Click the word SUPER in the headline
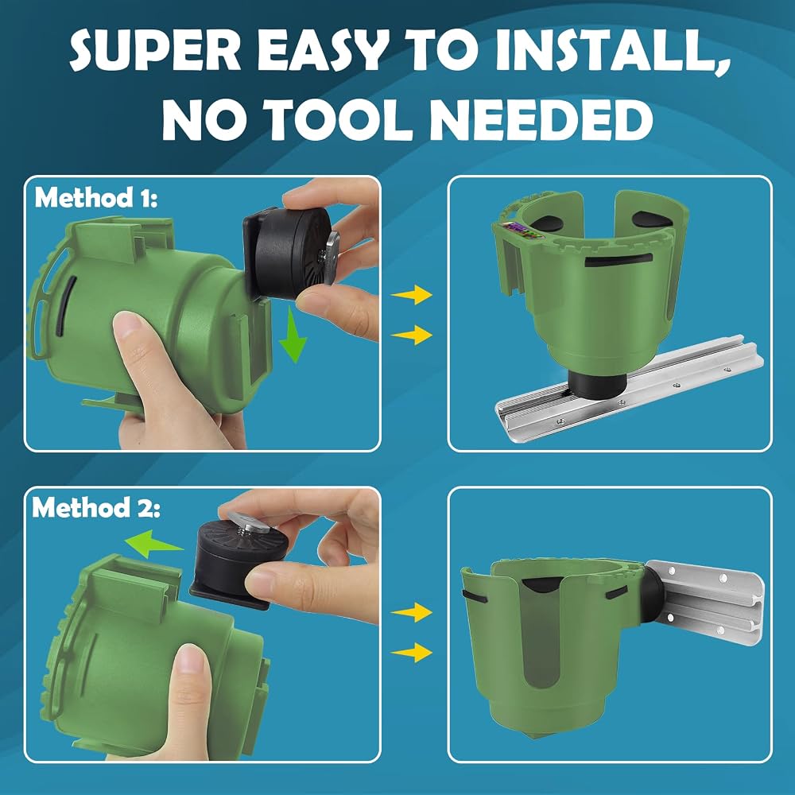click(155, 52)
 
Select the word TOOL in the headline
click(339, 120)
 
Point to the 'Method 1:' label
click(96, 198)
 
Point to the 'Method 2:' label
click(96, 506)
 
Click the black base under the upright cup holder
click(595, 383)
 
